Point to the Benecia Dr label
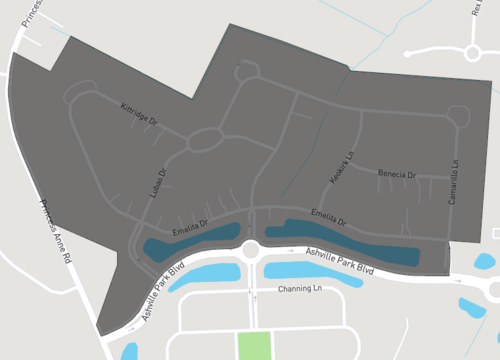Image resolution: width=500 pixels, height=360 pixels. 396,174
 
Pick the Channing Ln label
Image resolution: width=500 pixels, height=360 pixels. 298,290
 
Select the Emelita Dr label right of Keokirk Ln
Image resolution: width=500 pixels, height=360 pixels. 327,216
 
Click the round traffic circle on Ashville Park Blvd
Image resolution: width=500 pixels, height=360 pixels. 248,250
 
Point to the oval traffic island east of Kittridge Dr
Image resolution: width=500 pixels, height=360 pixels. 204,139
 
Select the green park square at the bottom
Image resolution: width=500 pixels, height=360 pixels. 255,345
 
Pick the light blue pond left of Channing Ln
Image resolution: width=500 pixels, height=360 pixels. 205,275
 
